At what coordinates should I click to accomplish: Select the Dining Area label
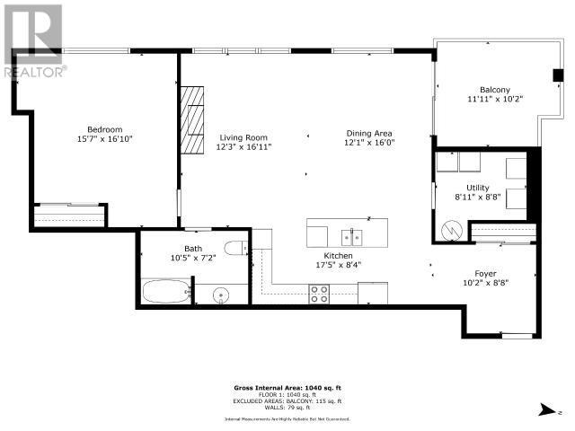click(369, 132)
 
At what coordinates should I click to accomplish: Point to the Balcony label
click(494, 90)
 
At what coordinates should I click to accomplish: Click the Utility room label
click(477, 187)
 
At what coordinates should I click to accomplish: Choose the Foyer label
click(485, 273)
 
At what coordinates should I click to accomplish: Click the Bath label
click(194, 248)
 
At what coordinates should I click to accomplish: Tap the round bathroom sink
click(216, 293)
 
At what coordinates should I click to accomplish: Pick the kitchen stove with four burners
click(320, 293)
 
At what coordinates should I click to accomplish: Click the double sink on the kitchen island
click(351, 237)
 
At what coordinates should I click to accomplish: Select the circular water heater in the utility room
click(453, 230)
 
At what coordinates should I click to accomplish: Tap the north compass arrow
click(544, 409)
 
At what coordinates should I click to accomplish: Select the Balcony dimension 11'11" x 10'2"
click(494, 100)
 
